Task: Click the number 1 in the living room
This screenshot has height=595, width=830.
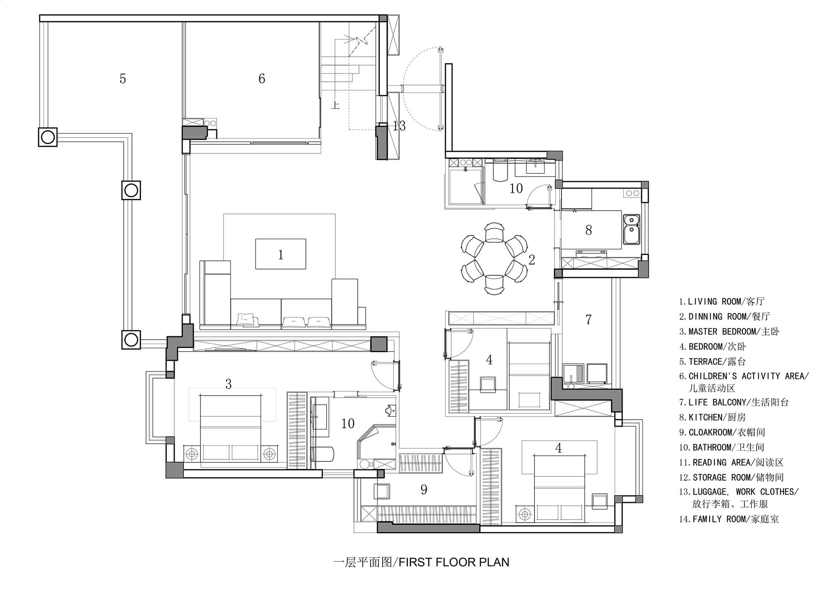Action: point(281,255)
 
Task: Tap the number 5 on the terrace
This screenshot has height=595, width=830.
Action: point(122,79)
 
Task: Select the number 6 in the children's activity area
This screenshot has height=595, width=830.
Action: point(262,79)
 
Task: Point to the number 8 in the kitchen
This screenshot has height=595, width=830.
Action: point(588,230)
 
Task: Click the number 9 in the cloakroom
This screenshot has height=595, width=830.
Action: point(424,490)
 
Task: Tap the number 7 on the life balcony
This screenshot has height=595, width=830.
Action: point(588,319)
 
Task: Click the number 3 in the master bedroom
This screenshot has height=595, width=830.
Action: point(228,384)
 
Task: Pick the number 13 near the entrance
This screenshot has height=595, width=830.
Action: point(399,126)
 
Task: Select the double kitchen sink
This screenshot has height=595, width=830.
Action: point(631,228)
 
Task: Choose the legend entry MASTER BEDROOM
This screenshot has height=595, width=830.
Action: point(729,331)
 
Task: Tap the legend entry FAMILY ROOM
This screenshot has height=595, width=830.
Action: point(729,519)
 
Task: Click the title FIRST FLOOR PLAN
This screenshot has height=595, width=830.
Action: point(454,562)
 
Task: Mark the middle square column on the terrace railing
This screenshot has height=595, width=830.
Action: point(131,191)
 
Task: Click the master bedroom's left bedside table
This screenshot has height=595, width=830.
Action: point(191,454)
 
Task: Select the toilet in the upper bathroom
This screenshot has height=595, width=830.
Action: point(500,171)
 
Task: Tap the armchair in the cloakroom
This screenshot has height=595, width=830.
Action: point(381,492)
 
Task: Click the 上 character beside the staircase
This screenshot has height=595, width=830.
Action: point(335,105)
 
